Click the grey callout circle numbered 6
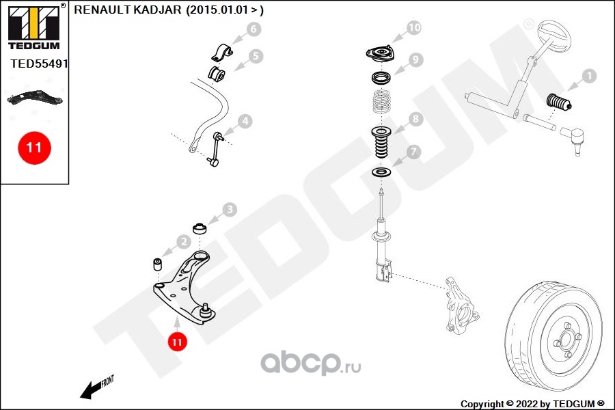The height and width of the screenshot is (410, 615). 254,29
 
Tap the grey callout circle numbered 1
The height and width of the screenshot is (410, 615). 589,76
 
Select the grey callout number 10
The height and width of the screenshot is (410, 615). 414,27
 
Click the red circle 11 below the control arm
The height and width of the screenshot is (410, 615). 177,342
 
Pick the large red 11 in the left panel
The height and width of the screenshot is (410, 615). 34,148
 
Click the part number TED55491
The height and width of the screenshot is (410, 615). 39,64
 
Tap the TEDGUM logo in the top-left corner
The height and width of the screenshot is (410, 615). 34,27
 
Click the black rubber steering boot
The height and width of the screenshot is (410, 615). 558,102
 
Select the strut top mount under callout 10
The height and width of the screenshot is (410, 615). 380,54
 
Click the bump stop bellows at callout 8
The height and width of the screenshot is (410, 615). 381,142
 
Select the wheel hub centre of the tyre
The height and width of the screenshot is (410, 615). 566,340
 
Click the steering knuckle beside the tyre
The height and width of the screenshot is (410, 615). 461,305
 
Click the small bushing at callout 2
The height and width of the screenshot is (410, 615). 158,264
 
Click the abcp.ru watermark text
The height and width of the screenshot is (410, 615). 311,364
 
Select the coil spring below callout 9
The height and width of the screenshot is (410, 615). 381,101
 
